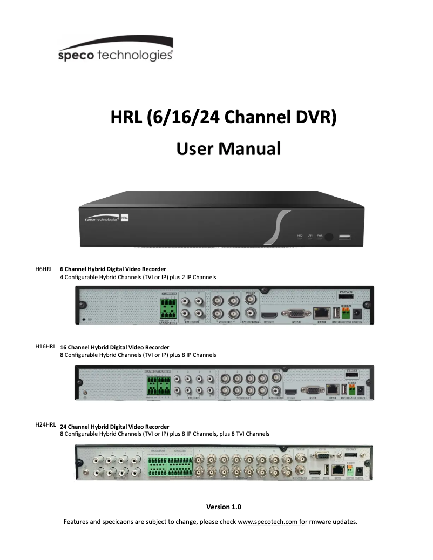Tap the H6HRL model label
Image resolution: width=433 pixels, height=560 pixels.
pos(43,268)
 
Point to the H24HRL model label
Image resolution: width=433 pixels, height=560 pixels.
pos(45,425)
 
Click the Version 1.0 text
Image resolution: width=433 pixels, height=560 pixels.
pos(224,507)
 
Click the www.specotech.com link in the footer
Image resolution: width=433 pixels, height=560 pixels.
pos(275,522)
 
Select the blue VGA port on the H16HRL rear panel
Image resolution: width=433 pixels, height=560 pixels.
pos(312,391)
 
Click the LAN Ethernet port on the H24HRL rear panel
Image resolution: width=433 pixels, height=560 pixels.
pos(338,469)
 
